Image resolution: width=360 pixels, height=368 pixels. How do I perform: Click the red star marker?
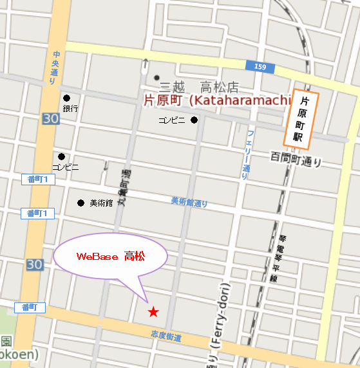coord(153,312)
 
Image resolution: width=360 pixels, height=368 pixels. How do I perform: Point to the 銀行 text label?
coord(70,109)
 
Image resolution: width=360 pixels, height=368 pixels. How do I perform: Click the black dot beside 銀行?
coord(65,98)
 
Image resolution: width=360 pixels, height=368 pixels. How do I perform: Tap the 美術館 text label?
coord(100,203)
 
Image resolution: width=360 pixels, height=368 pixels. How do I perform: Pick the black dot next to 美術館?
coord(81,203)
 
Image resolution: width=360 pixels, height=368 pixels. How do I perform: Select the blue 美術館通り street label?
coord(189,202)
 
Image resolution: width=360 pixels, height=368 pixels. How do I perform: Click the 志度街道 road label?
coord(166,336)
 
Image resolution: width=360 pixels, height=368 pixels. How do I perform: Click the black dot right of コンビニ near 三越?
coord(194,120)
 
